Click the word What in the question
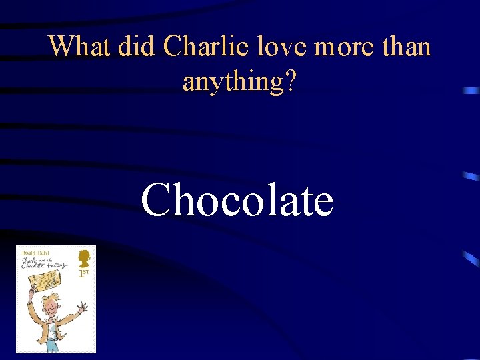(x=79, y=47)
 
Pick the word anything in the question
(x=229, y=81)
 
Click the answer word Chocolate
(x=237, y=199)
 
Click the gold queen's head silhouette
(x=84, y=257)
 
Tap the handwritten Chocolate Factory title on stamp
(x=43, y=263)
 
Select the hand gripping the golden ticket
(x=31, y=287)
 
